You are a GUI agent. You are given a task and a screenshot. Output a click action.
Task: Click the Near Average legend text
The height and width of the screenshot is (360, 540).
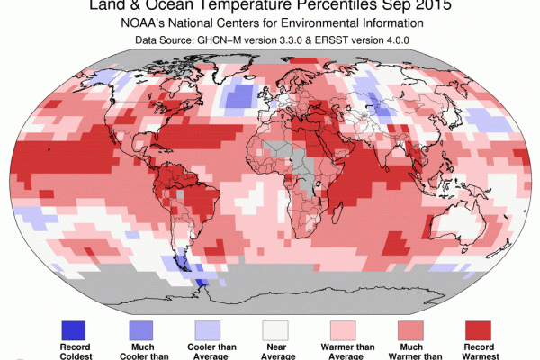[x=279, y=352]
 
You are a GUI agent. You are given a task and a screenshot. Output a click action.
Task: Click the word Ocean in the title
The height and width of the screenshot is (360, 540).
[x=180, y=7]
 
